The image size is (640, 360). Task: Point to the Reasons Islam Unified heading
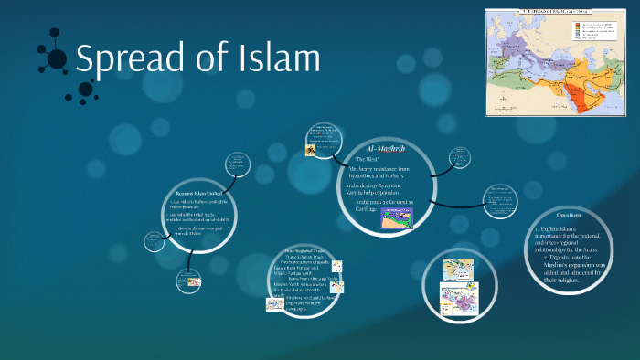click(199, 195)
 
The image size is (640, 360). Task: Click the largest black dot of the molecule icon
click(57, 59)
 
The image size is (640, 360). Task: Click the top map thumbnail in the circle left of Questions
click(456, 270)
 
